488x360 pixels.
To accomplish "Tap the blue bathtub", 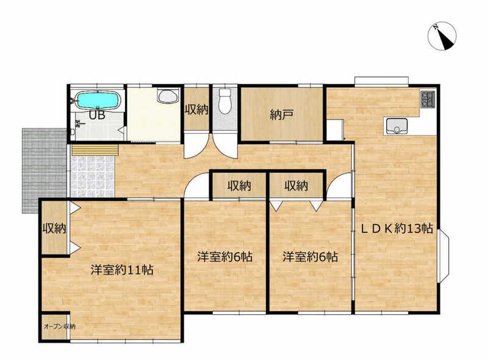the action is [x=98, y=100].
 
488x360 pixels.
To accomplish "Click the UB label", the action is [x=97, y=115].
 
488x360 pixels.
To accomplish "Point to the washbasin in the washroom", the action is [x=168, y=96].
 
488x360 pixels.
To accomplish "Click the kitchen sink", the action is [x=396, y=126].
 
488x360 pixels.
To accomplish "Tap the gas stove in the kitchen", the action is [x=428, y=98].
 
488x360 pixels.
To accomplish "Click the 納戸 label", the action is [x=281, y=115].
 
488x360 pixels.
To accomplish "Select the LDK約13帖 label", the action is [x=396, y=228].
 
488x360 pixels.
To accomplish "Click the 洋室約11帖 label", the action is [x=122, y=270].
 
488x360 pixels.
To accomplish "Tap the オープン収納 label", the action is [x=59, y=326].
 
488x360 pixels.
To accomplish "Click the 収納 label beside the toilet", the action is [x=196, y=110].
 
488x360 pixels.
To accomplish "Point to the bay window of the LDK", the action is [x=443, y=256].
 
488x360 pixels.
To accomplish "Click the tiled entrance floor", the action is [x=92, y=176].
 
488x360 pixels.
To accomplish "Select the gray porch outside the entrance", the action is [x=44, y=170].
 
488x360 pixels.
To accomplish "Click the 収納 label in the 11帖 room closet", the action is [x=54, y=229].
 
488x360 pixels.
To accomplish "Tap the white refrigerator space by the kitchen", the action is [x=334, y=130].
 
